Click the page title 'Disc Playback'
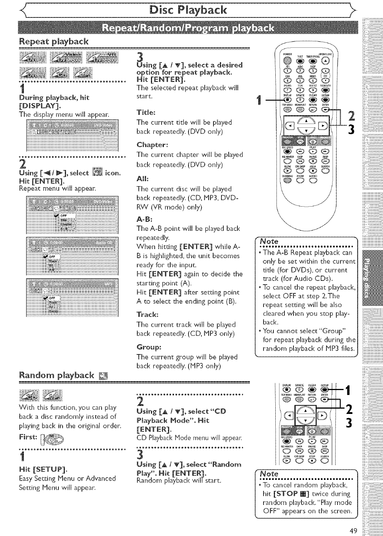(x=191, y=9)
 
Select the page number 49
(x=353, y=530)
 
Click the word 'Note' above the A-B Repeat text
(x=269, y=241)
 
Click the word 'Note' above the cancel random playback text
(x=269, y=474)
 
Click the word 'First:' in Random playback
(x=28, y=436)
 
